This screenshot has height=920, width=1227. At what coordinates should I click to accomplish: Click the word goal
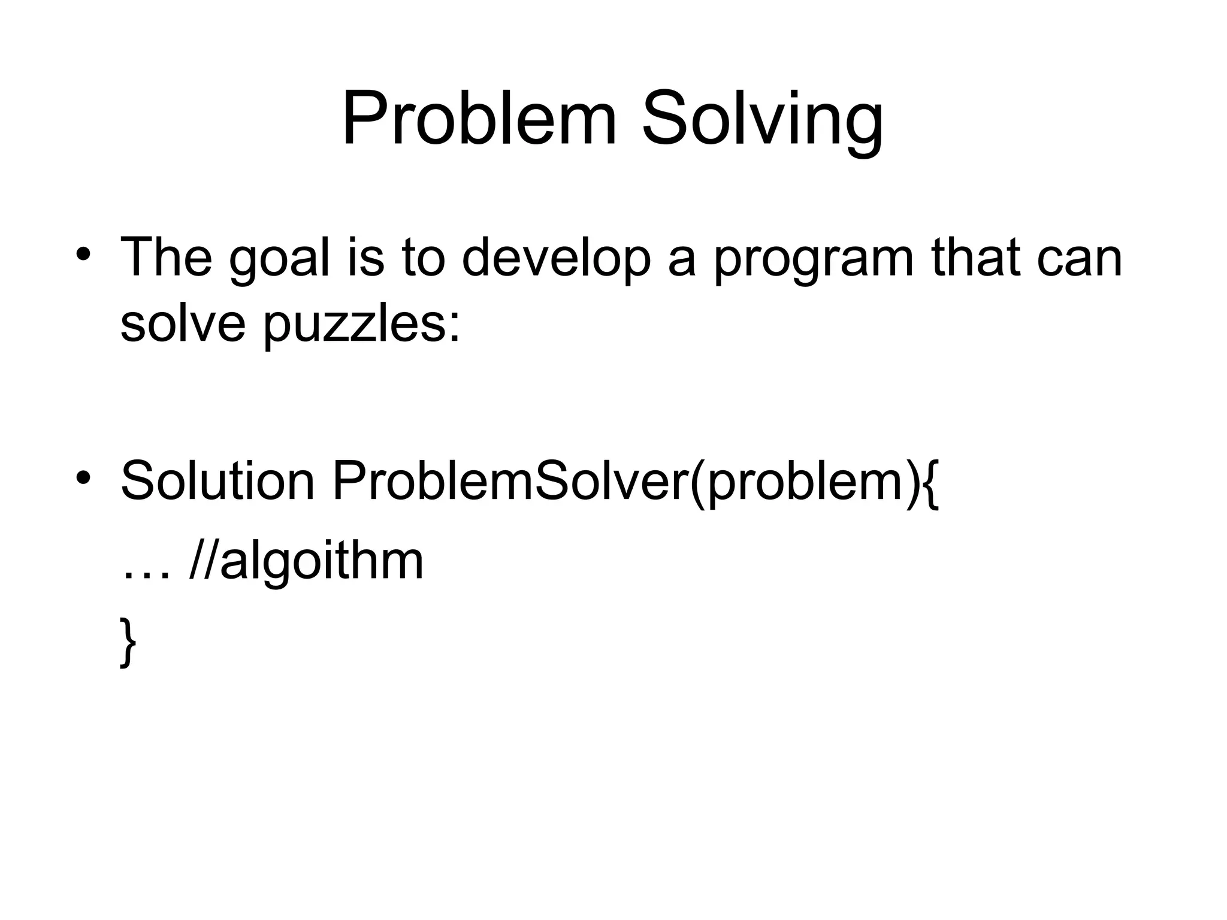280,259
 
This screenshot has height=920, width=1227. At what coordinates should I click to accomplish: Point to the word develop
556,259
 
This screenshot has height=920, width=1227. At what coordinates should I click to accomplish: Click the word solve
183,323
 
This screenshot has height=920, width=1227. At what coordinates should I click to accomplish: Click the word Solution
217,481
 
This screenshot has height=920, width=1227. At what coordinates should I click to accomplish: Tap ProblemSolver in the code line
509,481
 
